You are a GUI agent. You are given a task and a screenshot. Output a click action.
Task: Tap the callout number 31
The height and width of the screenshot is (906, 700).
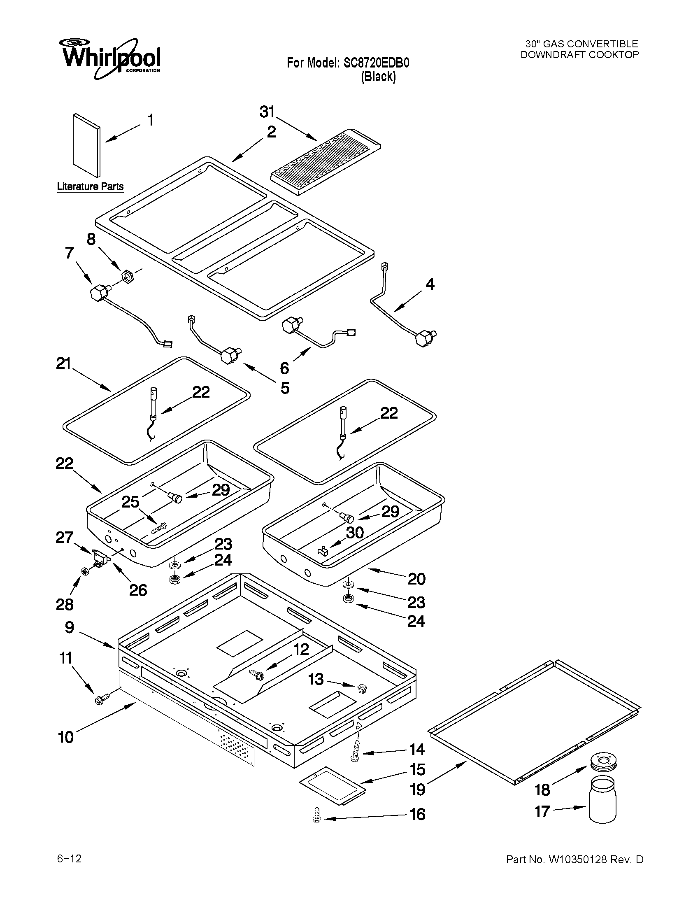click(267, 112)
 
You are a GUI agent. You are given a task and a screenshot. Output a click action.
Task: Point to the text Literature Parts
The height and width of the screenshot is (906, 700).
click(90, 187)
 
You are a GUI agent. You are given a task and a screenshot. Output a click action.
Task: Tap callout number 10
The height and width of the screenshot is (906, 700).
click(66, 737)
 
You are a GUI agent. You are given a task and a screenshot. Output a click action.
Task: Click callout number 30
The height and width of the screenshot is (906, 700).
click(355, 533)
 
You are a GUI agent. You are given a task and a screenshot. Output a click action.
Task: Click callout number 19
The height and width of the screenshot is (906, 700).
click(418, 790)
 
